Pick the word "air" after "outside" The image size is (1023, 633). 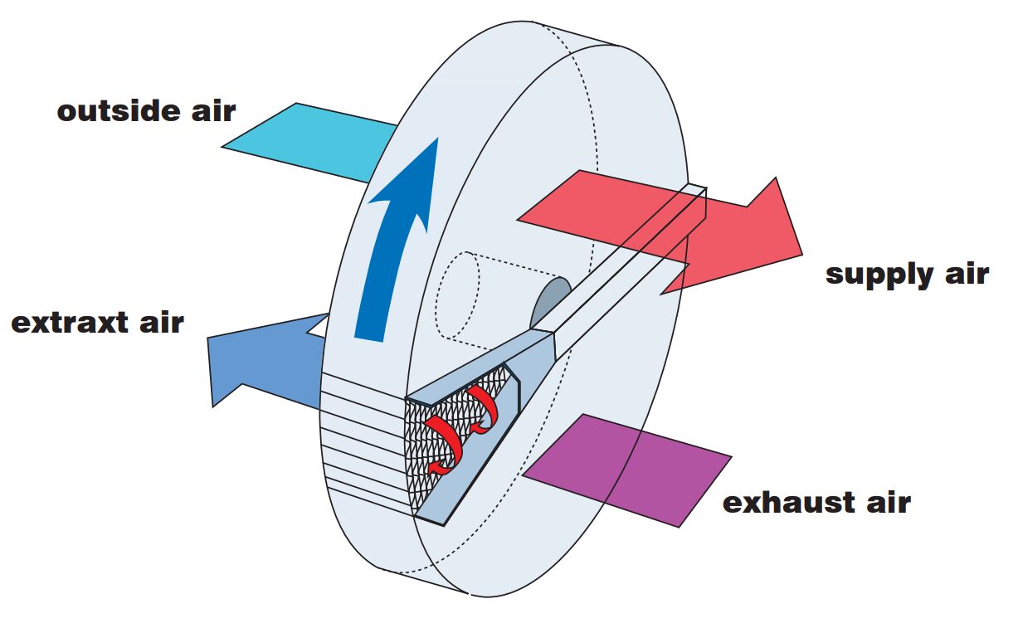(212, 111)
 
